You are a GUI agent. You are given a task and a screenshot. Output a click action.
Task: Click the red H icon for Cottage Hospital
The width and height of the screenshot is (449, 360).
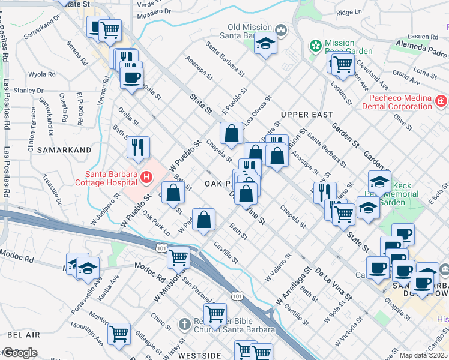(146, 177)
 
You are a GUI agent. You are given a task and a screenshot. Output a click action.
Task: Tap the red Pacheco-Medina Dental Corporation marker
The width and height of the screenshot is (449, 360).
(442, 101)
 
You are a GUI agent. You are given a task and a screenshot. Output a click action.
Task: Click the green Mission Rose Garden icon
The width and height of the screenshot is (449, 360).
(314, 46)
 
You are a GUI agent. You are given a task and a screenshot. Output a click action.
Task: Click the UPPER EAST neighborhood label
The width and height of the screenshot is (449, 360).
(306, 114)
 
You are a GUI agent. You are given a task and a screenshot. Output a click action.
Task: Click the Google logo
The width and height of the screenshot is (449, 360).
(19, 353)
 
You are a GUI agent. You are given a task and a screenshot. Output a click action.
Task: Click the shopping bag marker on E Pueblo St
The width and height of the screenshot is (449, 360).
(231, 133)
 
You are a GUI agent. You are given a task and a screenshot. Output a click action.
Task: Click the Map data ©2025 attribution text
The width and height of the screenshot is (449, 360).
(423, 355)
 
